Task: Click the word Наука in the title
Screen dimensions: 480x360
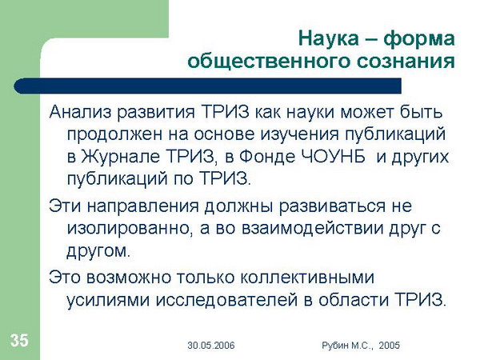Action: [x=329, y=38]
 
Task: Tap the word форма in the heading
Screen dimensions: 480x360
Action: [x=419, y=39]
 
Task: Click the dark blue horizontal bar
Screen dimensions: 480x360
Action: [x=207, y=86]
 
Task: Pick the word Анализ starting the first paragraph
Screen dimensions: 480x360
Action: [x=80, y=112]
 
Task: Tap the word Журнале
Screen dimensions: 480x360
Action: [x=120, y=157]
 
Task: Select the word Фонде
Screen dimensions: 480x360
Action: [x=267, y=157]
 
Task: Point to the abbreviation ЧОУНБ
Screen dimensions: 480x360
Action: [x=334, y=157]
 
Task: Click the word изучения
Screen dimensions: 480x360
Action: [x=300, y=135]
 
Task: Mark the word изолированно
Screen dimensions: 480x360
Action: [x=130, y=228]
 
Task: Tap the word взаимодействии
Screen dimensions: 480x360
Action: [x=313, y=229]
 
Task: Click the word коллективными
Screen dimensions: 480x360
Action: [x=307, y=278]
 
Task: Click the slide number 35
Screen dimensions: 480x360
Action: [x=19, y=341]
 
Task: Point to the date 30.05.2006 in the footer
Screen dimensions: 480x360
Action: [x=211, y=346]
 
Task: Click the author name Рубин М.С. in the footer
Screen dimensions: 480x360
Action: [x=347, y=346]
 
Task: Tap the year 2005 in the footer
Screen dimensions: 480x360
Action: [x=390, y=346]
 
